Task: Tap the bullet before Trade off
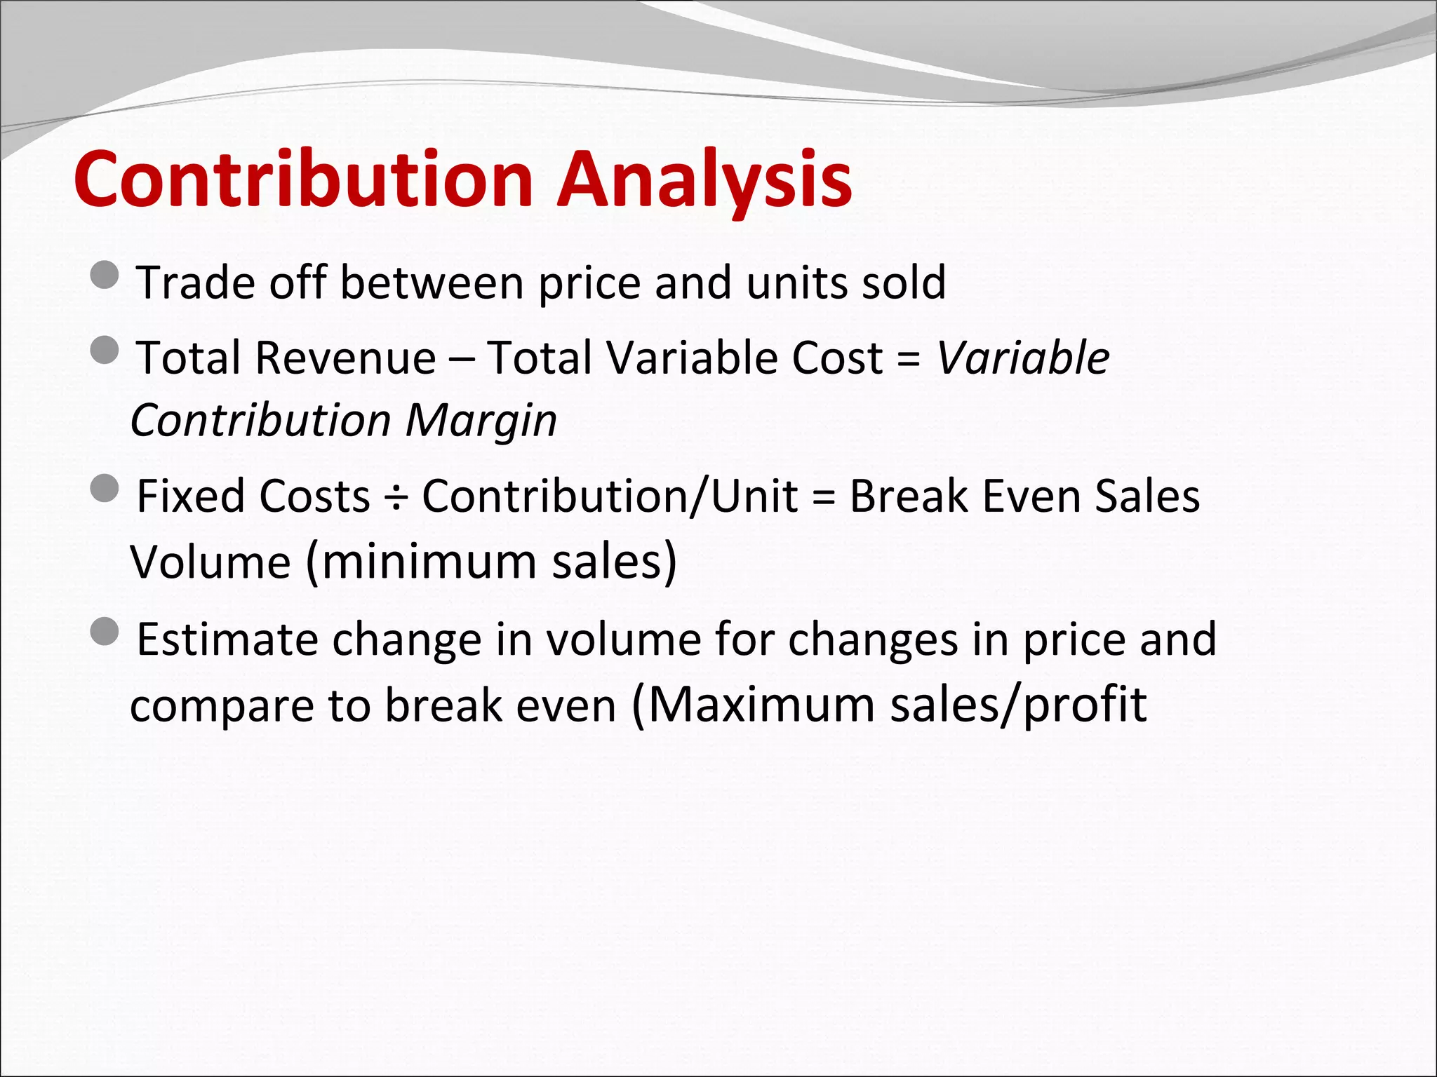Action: [x=105, y=275]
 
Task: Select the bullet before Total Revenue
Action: [x=105, y=350]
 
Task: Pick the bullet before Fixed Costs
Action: [x=105, y=488]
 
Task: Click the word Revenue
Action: [x=345, y=358]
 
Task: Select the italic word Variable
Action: [x=1022, y=358]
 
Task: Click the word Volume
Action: [x=210, y=562]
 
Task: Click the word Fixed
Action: [x=187, y=496]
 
